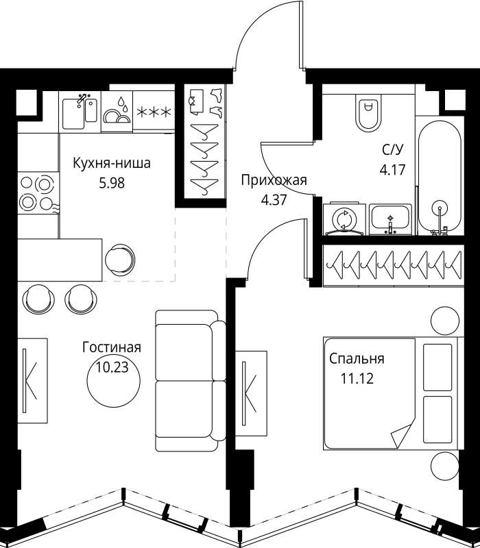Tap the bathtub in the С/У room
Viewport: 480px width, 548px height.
[440, 177]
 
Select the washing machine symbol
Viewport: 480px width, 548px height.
[344, 219]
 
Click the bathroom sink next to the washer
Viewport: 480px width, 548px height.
[390, 219]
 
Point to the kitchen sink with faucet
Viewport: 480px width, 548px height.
[80, 112]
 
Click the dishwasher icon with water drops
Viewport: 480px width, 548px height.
[117, 112]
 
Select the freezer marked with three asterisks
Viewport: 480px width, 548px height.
[154, 112]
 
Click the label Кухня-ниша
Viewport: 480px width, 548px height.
[112, 163]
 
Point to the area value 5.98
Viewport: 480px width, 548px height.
[112, 183]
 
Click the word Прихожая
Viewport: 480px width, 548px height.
[274, 180]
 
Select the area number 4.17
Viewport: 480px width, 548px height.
[392, 170]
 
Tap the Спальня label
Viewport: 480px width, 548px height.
[357, 359]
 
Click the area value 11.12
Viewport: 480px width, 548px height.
[357, 379]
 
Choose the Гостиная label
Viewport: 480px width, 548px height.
[112, 347]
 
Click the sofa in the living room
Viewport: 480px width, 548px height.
[191, 381]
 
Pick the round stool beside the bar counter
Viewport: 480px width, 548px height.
[119, 260]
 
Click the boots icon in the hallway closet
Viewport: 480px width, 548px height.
[216, 101]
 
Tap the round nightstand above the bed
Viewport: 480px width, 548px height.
[444, 321]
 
